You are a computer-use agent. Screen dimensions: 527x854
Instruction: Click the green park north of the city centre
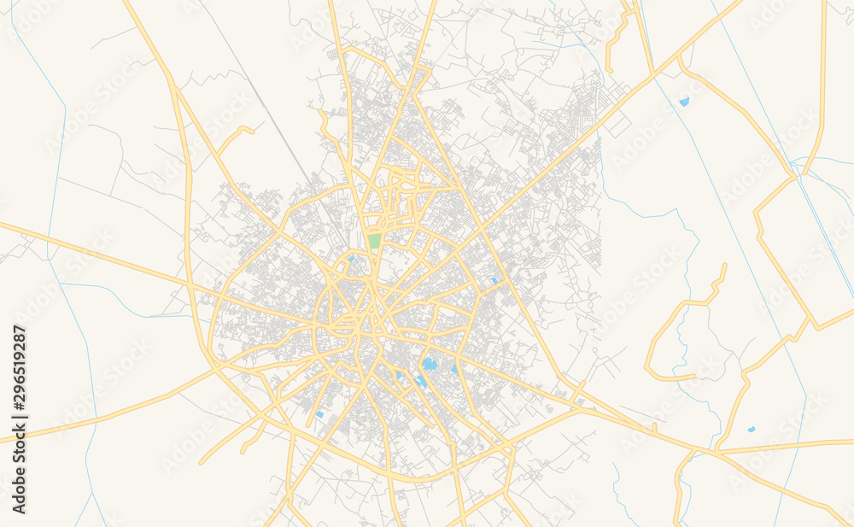(x=374, y=241)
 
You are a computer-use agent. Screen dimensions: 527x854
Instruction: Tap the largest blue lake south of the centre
(x=430, y=365)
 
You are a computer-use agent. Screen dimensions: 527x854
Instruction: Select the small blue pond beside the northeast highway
(x=684, y=102)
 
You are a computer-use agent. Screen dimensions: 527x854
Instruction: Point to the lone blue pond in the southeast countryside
(x=751, y=429)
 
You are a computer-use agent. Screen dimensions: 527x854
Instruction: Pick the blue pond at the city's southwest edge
(x=319, y=415)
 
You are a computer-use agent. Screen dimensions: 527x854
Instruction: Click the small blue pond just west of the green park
(x=351, y=258)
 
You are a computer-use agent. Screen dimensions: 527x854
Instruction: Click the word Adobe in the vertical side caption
(x=20, y=492)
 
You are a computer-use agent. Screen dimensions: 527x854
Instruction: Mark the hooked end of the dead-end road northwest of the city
(x=253, y=130)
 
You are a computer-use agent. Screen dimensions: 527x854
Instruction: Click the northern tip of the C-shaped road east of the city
(x=725, y=265)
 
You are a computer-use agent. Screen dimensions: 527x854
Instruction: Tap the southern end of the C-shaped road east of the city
(x=693, y=377)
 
